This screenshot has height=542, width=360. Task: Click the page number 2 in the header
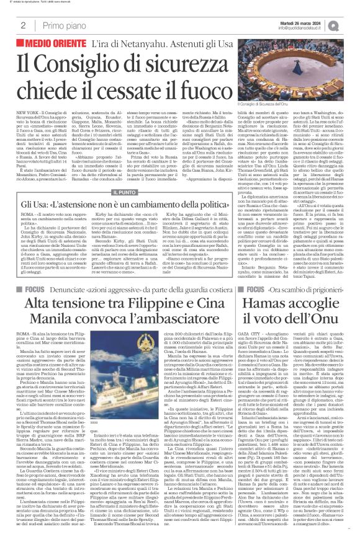click(23, 25)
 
